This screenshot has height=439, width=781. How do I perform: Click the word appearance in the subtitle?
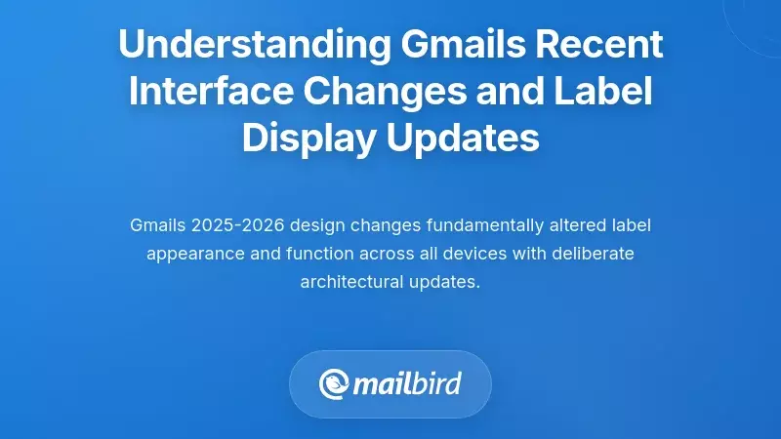[x=194, y=254]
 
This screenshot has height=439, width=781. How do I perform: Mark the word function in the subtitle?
[x=313, y=254]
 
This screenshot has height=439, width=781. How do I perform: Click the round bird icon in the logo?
[x=335, y=383]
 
